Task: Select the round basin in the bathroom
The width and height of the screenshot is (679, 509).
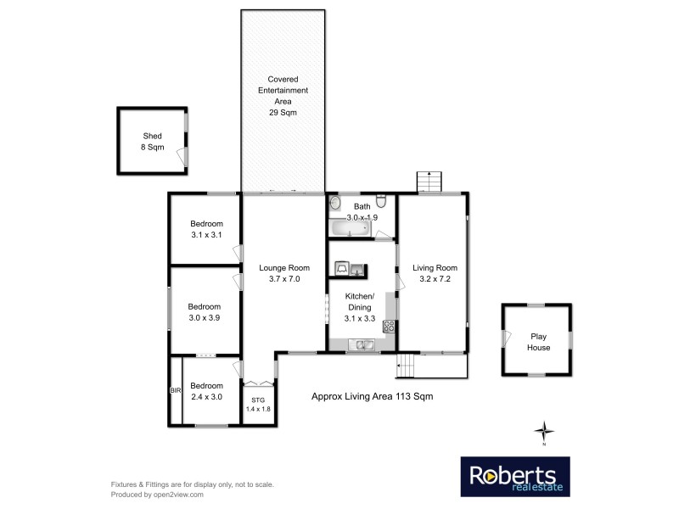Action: pos(334,204)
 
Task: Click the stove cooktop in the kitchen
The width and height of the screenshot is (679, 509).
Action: pos(389,325)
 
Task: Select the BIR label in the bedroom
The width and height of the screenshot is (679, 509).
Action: pos(175,391)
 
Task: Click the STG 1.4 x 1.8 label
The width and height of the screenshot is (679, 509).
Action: pos(256,405)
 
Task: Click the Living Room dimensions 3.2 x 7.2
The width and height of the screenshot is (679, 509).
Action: pos(435,278)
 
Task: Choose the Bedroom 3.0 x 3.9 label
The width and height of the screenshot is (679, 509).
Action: pos(204,312)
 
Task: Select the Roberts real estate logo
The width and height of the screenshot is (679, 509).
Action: pos(514,478)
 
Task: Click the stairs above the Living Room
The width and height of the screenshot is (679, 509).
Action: pos(429,182)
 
